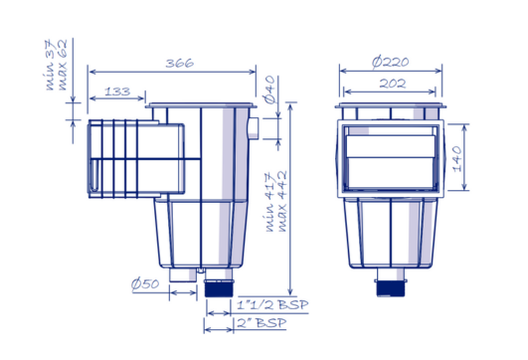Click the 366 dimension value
point(179,63)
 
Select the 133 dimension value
point(116,91)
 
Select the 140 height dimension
point(458,157)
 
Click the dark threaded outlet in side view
point(215,289)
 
